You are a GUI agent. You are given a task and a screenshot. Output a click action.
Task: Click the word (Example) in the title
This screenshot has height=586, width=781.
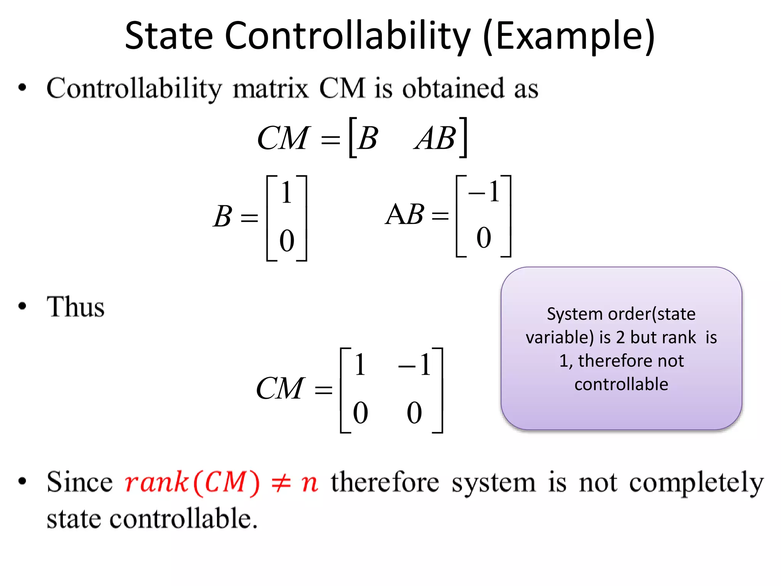(569, 36)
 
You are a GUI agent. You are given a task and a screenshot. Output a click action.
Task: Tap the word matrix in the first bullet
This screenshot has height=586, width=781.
(270, 89)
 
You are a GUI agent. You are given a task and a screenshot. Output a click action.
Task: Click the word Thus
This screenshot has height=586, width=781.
(76, 307)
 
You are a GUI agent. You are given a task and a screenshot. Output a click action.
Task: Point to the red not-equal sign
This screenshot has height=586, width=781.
(281, 483)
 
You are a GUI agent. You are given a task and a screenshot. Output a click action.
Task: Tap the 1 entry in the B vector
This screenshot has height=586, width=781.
(286, 193)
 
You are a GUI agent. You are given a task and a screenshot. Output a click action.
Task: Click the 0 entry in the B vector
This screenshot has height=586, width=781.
(287, 241)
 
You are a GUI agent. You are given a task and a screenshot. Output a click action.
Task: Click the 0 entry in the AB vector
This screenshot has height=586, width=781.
(484, 238)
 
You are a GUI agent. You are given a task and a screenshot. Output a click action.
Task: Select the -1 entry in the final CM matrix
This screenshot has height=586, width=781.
(415, 365)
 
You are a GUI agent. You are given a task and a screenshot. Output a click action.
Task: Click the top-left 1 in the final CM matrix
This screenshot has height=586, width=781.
(360, 365)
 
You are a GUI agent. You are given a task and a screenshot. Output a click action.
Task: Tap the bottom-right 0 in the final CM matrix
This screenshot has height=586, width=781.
(415, 413)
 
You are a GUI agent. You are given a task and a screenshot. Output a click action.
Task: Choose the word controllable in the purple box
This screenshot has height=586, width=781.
(621, 384)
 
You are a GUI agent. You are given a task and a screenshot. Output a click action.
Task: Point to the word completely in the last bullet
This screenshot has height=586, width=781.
(696, 483)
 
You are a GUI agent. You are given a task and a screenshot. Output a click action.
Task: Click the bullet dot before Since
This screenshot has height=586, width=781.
(22, 481)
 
